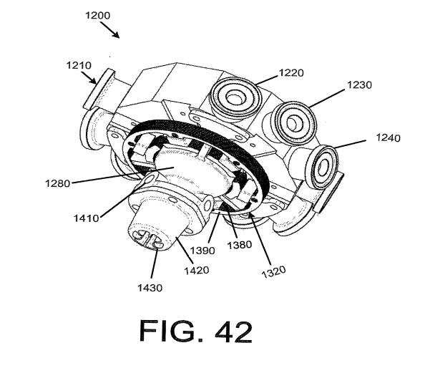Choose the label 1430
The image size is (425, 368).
[152, 288]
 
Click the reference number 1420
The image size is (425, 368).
[197, 270]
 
